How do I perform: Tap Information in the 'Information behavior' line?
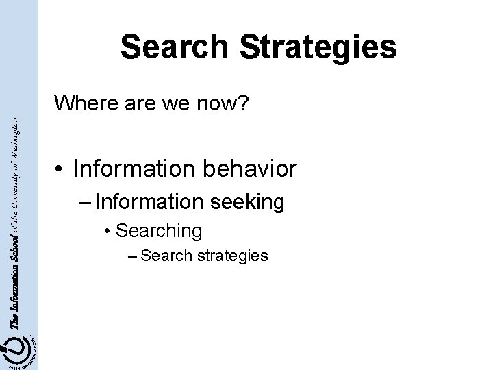coord(127,168)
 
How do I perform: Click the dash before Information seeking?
coord(86,202)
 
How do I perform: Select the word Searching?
coord(159,231)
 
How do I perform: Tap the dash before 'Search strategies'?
coord(132,256)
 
